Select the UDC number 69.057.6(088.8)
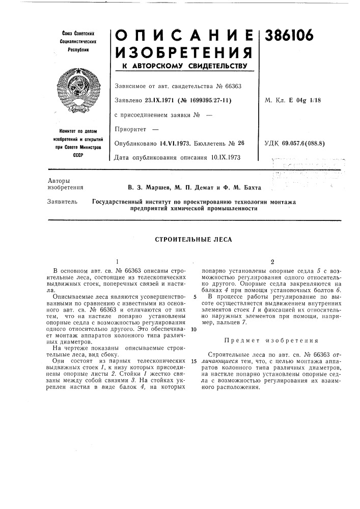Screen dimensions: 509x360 313,143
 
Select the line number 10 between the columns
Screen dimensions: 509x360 193,329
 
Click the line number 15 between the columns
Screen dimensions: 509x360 193,361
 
